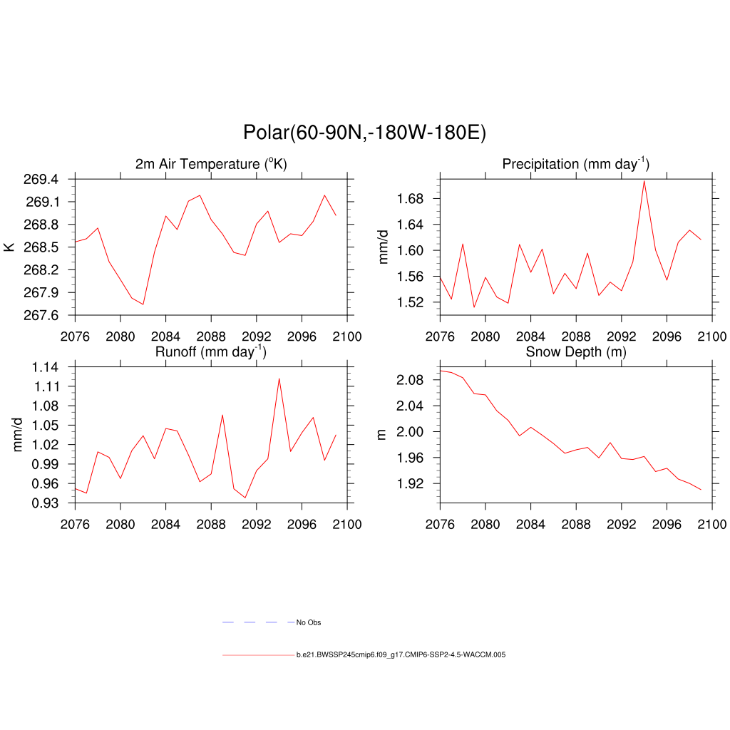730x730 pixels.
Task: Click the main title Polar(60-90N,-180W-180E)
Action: pyautogui.click(x=364, y=133)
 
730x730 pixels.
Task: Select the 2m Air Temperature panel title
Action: pyautogui.click(x=211, y=164)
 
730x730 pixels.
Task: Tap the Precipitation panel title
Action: pyautogui.click(x=575, y=164)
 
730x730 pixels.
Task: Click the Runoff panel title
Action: pyautogui.click(x=211, y=351)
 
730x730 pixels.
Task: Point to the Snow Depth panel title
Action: pyautogui.click(x=575, y=351)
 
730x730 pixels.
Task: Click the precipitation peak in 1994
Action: pyautogui.click(x=644, y=180)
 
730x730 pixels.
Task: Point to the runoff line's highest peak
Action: pyautogui.click(x=279, y=379)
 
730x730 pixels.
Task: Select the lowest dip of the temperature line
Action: pyautogui.click(x=143, y=304)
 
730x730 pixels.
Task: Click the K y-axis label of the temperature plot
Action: pyautogui.click(x=9, y=247)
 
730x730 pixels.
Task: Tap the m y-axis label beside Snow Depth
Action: pyautogui.click(x=382, y=434)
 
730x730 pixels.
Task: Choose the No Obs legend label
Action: pyautogui.click(x=309, y=623)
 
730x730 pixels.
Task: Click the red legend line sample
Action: pyautogui.click(x=257, y=654)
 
